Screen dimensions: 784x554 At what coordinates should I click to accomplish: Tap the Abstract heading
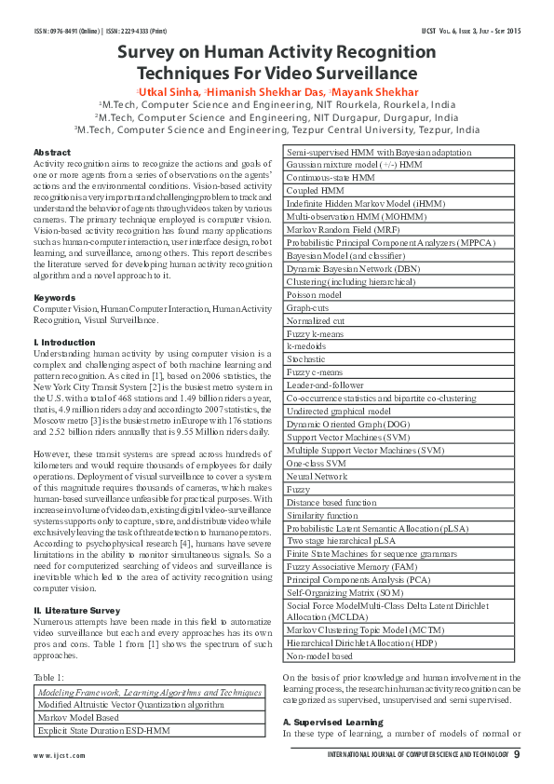point(51,152)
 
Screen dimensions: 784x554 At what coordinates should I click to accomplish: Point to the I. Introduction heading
point(64,343)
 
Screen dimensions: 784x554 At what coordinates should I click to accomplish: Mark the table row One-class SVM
point(317,463)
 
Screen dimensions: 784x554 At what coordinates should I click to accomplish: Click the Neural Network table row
point(318,476)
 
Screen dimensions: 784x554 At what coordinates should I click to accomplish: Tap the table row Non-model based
point(319,655)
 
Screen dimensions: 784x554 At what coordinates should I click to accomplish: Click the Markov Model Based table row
point(80,718)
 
